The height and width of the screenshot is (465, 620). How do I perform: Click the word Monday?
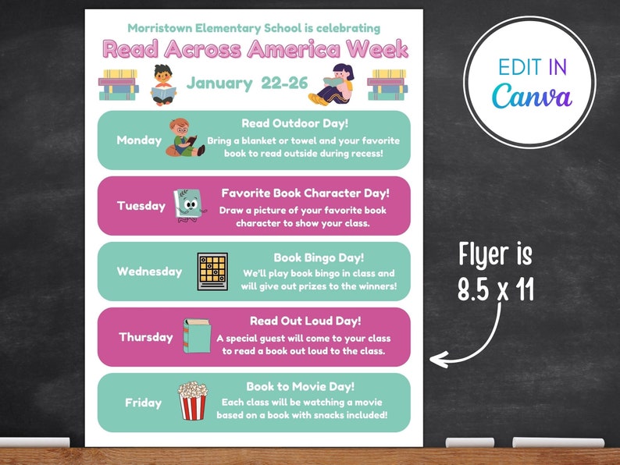(139, 140)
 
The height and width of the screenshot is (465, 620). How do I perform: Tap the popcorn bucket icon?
(192, 401)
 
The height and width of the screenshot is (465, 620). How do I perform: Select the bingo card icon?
(212, 272)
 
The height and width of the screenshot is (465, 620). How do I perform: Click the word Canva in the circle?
(532, 96)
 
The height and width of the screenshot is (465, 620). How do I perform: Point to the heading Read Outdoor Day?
(288, 123)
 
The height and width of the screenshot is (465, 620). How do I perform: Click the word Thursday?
(146, 337)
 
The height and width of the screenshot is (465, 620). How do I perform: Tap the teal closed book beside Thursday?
(197, 336)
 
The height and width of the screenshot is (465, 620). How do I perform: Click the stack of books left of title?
(119, 84)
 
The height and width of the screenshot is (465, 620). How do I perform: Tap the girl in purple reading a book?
(333, 84)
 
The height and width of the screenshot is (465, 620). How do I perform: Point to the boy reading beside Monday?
(187, 139)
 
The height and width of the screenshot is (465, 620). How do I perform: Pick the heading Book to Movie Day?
(301, 386)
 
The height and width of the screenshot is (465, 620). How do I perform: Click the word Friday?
(144, 403)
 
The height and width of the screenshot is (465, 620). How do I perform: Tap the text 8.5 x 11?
(496, 289)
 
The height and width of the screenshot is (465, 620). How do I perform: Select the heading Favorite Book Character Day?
(305, 193)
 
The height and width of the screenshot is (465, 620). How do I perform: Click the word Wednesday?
(149, 272)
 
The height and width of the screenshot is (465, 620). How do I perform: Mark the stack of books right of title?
(387, 84)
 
